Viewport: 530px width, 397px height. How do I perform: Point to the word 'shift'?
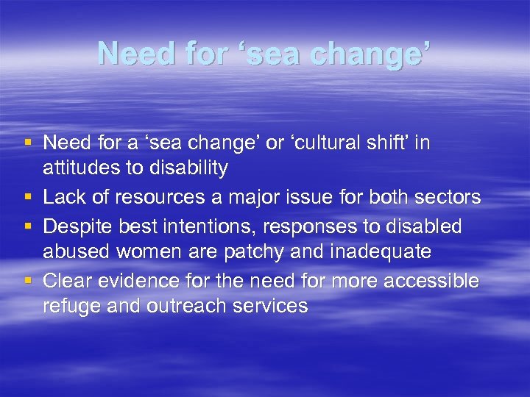(388, 143)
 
